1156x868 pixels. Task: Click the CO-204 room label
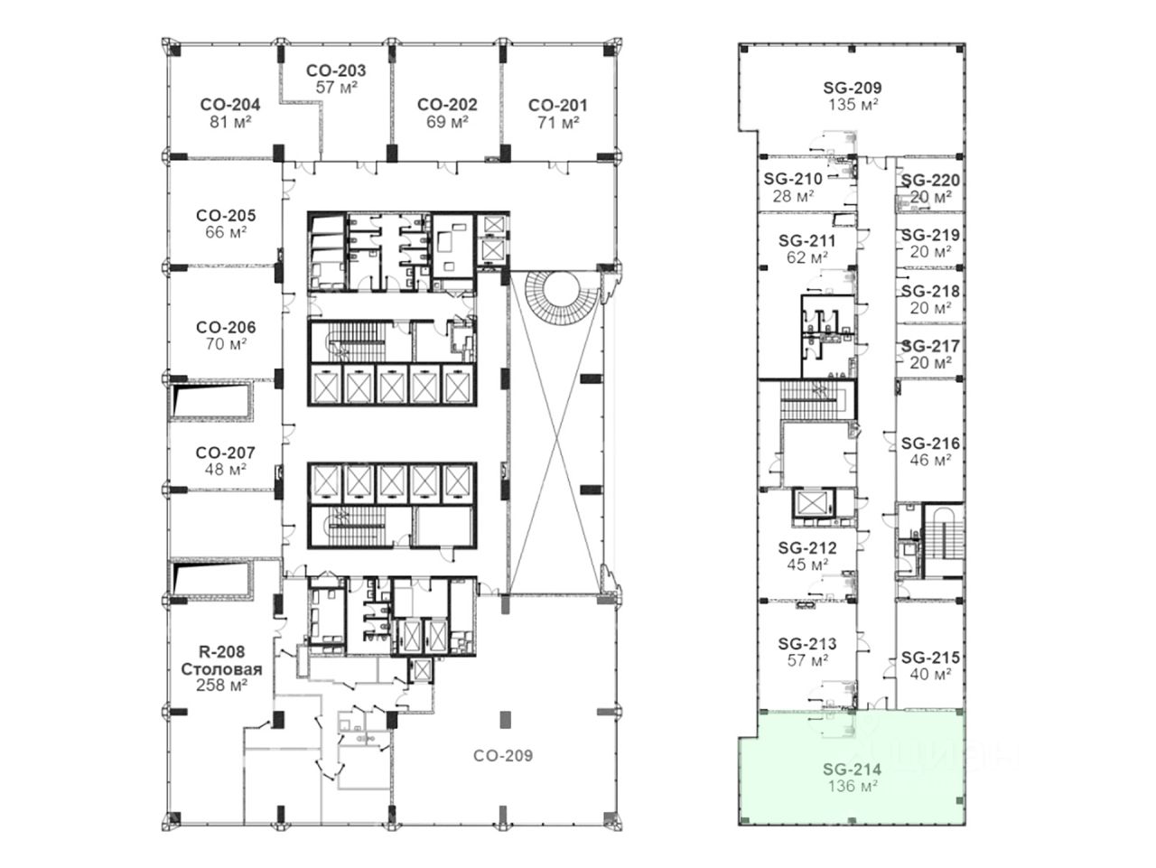coord(230,104)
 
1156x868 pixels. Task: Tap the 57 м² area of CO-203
coord(337,87)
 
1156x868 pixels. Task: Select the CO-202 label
coord(447,104)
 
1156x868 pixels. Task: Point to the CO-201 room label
coord(558,105)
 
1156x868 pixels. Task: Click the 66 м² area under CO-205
coord(226,232)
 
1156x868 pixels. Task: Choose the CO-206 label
coord(226,327)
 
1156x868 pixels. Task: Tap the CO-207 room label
coord(225,453)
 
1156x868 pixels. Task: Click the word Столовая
coord(222,669)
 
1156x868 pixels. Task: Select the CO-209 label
coord(503,755)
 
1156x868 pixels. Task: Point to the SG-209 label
coord(853,88)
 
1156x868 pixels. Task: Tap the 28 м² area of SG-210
coord(793,196)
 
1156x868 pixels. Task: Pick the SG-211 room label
coord(806,240)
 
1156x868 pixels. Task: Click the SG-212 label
coord(807,547)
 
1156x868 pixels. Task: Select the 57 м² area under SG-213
coord(808,660)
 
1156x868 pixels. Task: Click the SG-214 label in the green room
coord(852,770)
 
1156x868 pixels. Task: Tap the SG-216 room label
coord(930,443)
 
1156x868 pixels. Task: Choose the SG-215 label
coord(930,658)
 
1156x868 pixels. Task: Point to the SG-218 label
coord(930,291)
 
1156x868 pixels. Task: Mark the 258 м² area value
coord(222,686)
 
